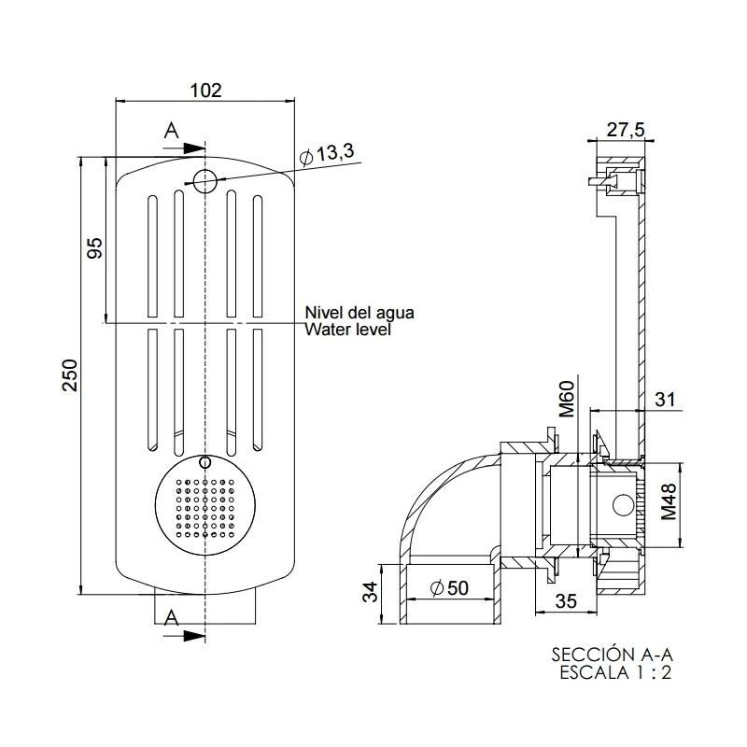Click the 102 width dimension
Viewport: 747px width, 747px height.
pyautogui.click(x=205, y=90)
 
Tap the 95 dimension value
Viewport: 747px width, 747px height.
pyautogui.click(x=94, y=248)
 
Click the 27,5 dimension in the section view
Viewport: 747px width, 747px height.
pyautogui.click(x=625, y=130)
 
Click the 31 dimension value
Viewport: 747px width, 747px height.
pyautogui.click(x=664, y=399)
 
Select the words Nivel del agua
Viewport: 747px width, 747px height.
pyautogui.click(x=359, y=313)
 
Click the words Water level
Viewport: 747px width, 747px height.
pyautogui.click(x=348, y=329)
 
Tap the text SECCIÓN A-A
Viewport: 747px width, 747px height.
pyautogui.click(x=611, y=654)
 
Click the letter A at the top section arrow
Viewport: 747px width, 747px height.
pyautogui.click(x=171, y=132)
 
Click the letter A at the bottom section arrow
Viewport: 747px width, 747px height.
pyautogui.click(x=171, y=616)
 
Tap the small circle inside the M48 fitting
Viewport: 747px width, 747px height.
pyautogui.click(x=620, y=506)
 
